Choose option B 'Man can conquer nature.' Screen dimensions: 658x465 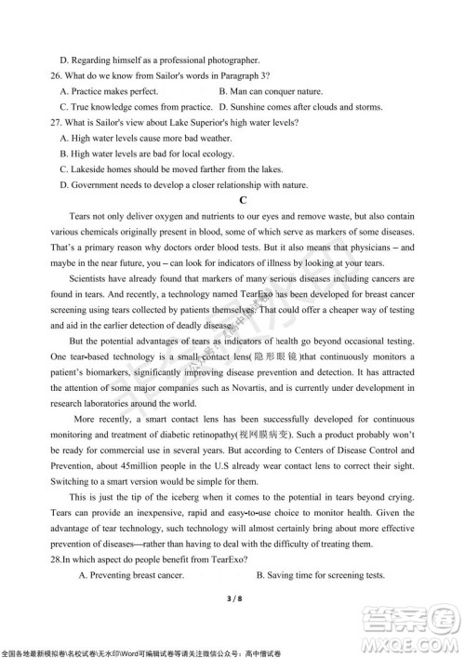271,91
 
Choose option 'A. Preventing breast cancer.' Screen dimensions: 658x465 139,577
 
